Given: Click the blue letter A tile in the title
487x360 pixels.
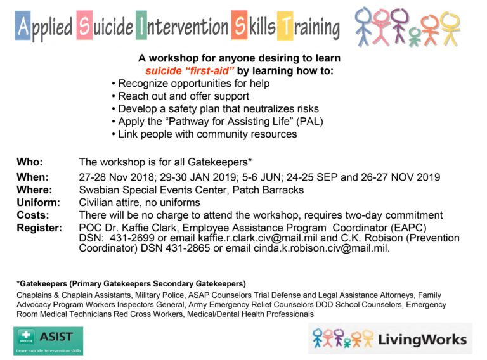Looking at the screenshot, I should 23,26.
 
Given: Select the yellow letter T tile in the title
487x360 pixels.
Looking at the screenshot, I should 286,26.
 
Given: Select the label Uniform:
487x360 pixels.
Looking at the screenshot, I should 38,203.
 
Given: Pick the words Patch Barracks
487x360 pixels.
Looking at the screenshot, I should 271,190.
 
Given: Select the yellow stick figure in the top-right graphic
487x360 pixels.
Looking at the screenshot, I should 450,25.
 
